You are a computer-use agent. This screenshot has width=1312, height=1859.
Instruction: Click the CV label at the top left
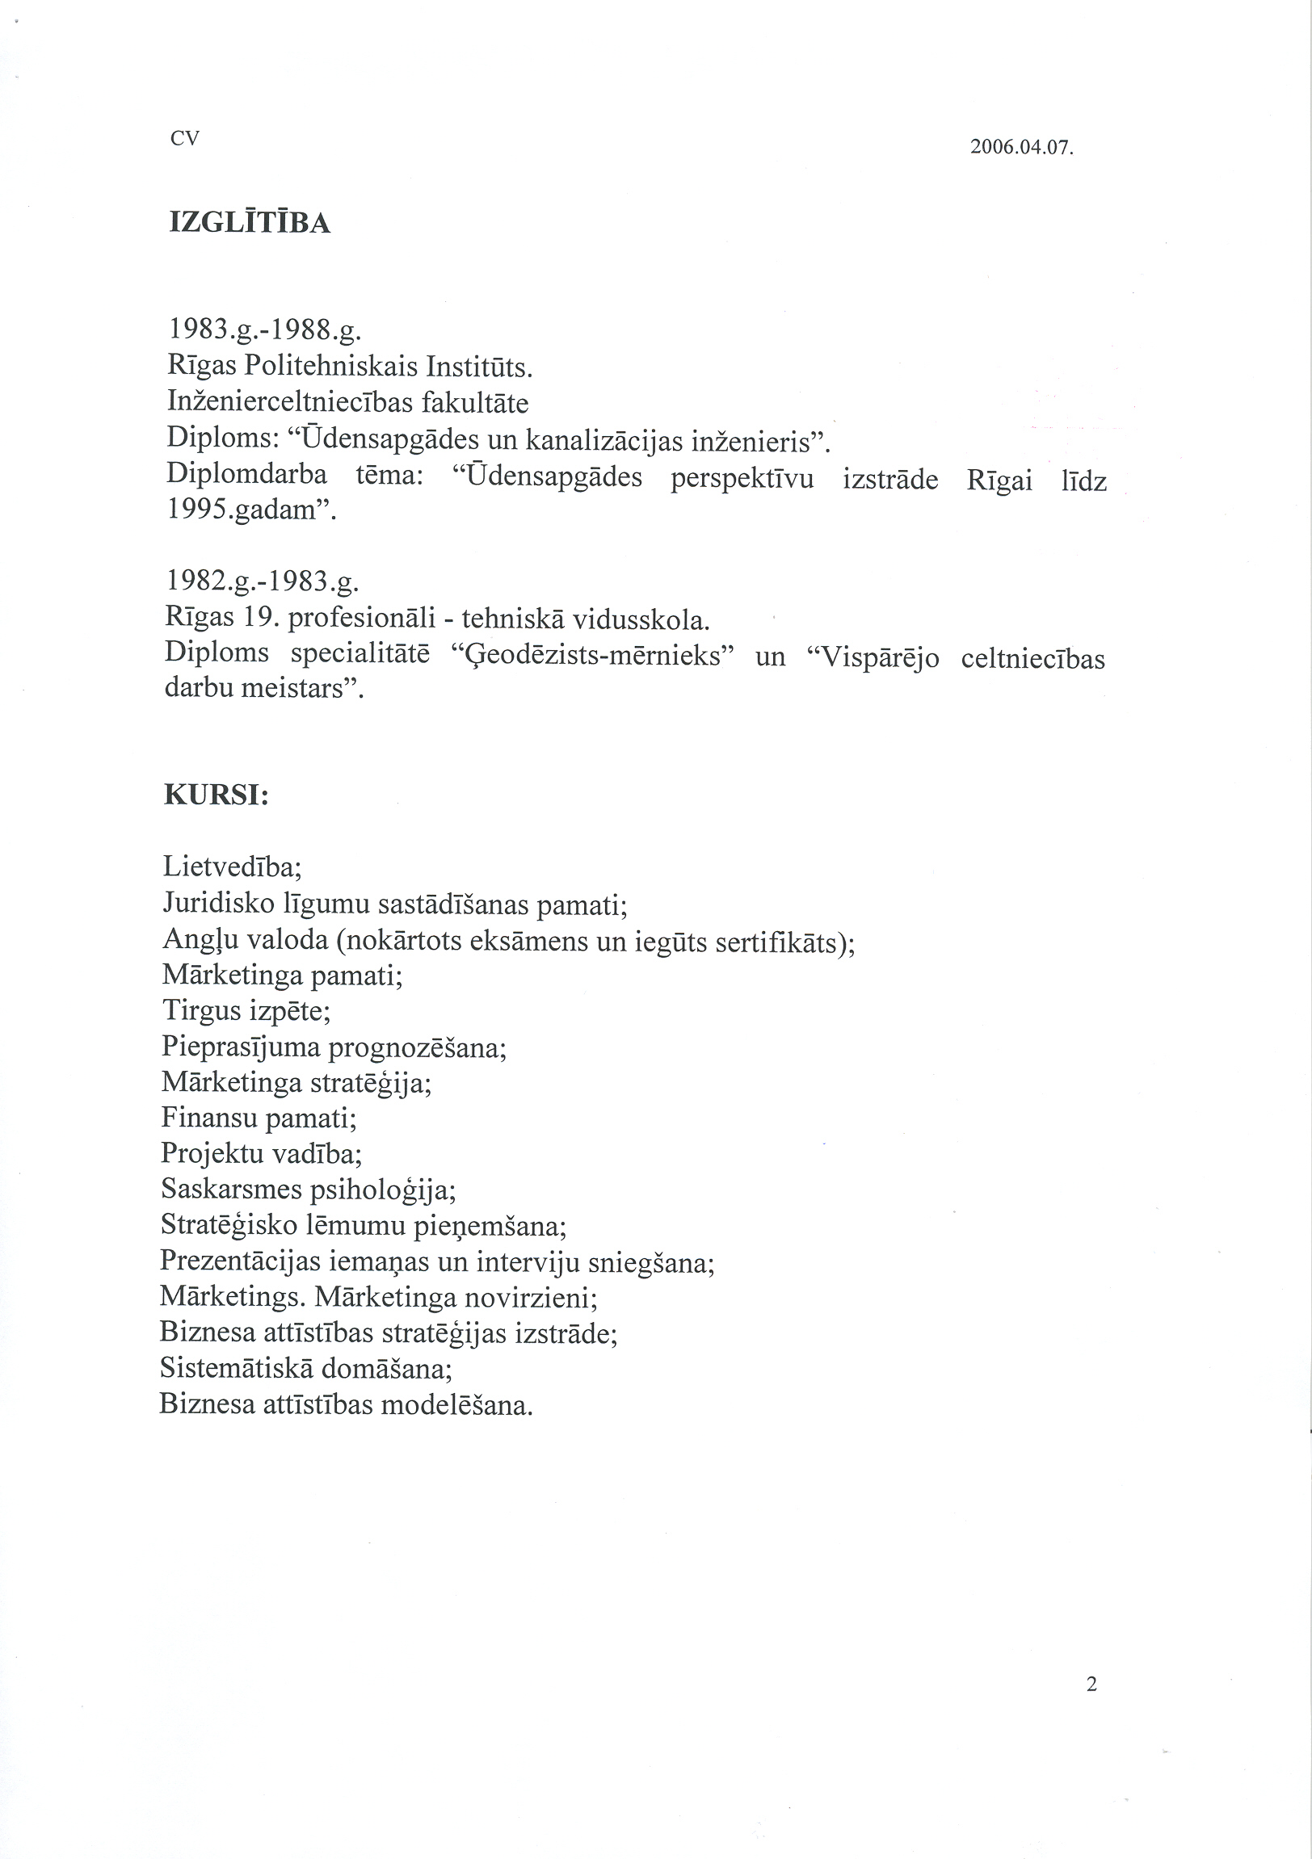185,138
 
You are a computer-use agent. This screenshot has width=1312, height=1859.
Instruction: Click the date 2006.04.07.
1021,147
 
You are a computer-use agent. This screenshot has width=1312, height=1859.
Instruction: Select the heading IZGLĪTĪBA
250,223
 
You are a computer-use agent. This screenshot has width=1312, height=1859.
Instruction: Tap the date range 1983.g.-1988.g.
264,330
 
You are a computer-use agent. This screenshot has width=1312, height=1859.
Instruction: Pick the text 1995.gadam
250,510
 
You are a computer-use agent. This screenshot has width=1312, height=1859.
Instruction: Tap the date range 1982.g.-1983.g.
262,581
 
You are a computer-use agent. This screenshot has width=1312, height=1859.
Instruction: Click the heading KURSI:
217,795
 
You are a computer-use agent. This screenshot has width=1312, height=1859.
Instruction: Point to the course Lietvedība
232,867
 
